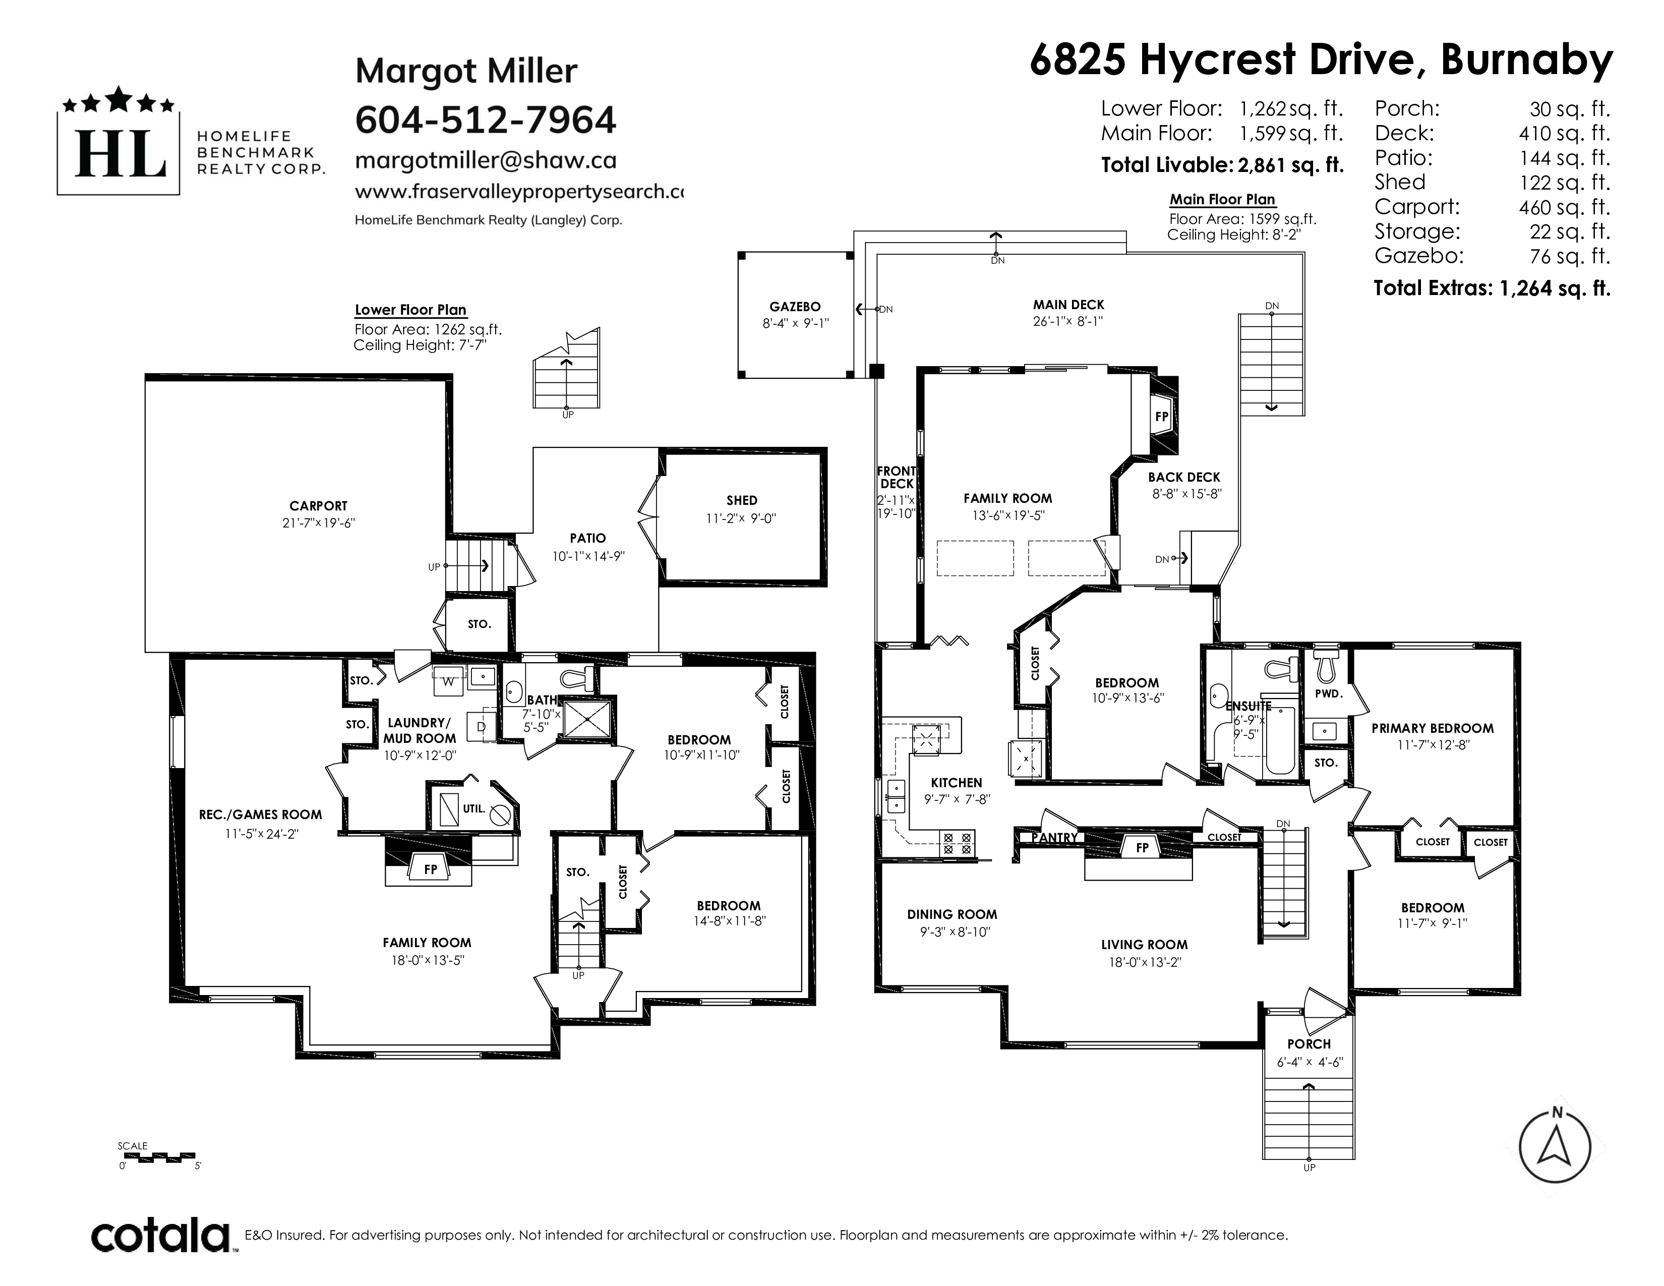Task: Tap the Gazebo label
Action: pos(795,306)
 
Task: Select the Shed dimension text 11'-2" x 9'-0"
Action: pos(741,518)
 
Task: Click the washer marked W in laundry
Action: pos(448,681)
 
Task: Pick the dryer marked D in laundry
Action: pos(481,727)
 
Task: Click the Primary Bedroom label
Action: pos(1433,728)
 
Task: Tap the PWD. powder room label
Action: pos(1328,694)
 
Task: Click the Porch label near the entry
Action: pos(1309,1044)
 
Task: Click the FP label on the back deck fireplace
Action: pos(1162,417)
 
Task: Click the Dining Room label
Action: pos(952,914)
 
